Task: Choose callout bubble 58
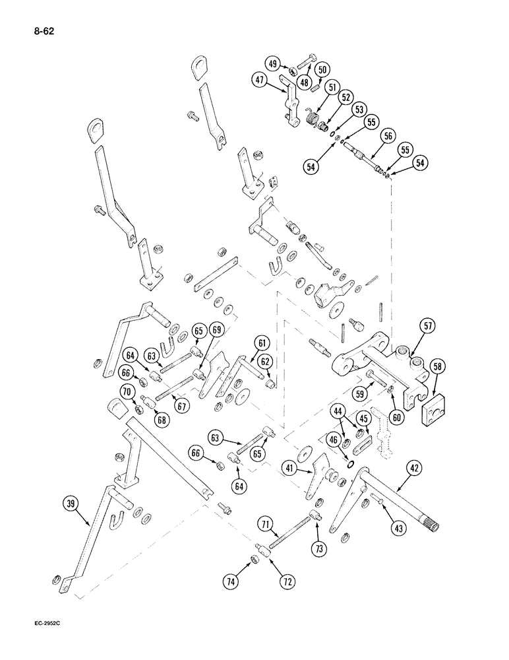click(x=437, y=366)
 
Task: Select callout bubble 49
click(x=273, y=63)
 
